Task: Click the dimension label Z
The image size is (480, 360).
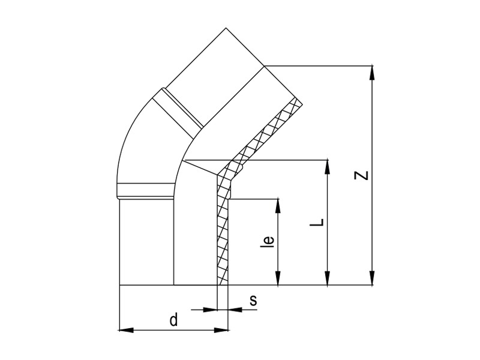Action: [x=361, y=175]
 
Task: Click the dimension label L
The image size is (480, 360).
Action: [x=317, y=223]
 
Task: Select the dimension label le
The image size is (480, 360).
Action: [x=268, y=241]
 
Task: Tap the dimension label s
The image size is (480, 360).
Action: [x=253, y=301]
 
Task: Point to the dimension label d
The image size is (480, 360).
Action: [x=173, y=319]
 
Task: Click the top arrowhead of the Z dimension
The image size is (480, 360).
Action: [x=372, y=73]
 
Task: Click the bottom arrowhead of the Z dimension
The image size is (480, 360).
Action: [x=372, y=278]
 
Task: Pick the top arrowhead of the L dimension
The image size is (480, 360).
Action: [x=328, y=167]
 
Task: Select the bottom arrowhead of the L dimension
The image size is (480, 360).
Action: [x=328, y=278]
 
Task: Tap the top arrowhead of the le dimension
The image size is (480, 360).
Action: [x=278, y=206]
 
